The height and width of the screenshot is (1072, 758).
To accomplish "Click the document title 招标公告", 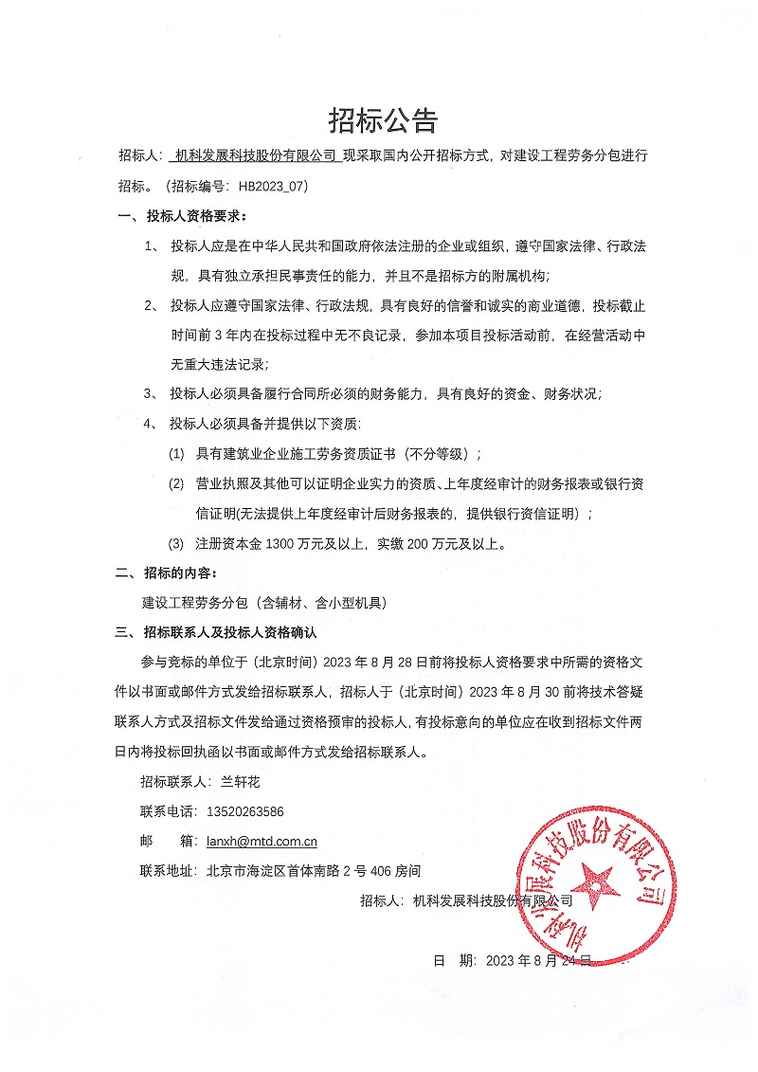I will (x=383, y=120).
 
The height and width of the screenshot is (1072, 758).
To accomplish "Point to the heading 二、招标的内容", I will (x=166, y=573).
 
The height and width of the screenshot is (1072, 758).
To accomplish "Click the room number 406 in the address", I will (x=381, y=869).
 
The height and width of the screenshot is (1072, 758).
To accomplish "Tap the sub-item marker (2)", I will (x=176, y=484).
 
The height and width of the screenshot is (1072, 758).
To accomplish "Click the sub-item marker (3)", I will (x=176, y=544).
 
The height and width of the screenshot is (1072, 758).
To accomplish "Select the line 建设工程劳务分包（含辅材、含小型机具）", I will (x=264, y=603).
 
